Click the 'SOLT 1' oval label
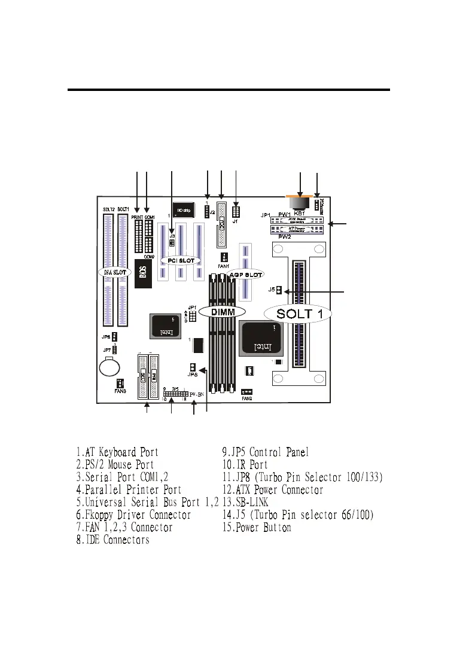(x=297, y=312)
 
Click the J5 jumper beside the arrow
(x=279, y=291)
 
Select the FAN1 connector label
(x=223, y=266)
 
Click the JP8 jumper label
(x=191, y=375)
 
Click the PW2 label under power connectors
(x=285, y=237)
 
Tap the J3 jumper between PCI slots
(x=172, y=242)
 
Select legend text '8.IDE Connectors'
(x=112, y=540)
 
